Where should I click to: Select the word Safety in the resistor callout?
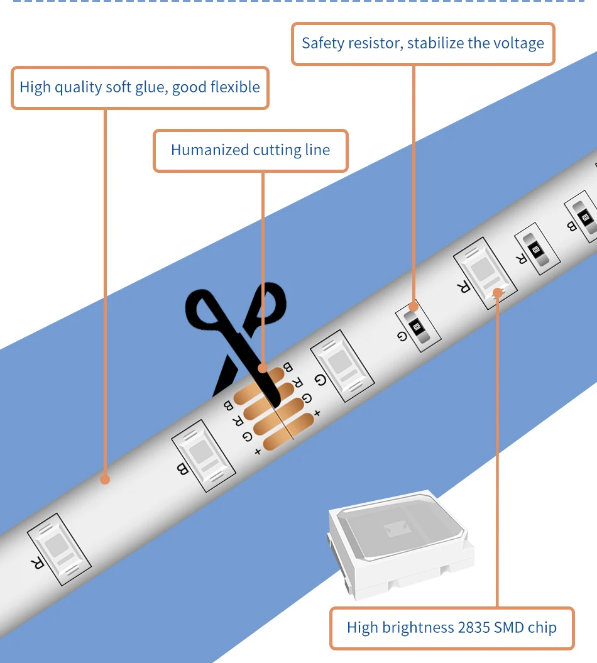point(321,43)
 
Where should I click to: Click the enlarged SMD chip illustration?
point(399,540)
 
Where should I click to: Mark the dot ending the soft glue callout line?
point(105,479)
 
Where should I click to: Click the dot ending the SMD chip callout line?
point(497,292)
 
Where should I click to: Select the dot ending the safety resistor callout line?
point(413,307)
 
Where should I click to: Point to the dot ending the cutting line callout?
point(263,368)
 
